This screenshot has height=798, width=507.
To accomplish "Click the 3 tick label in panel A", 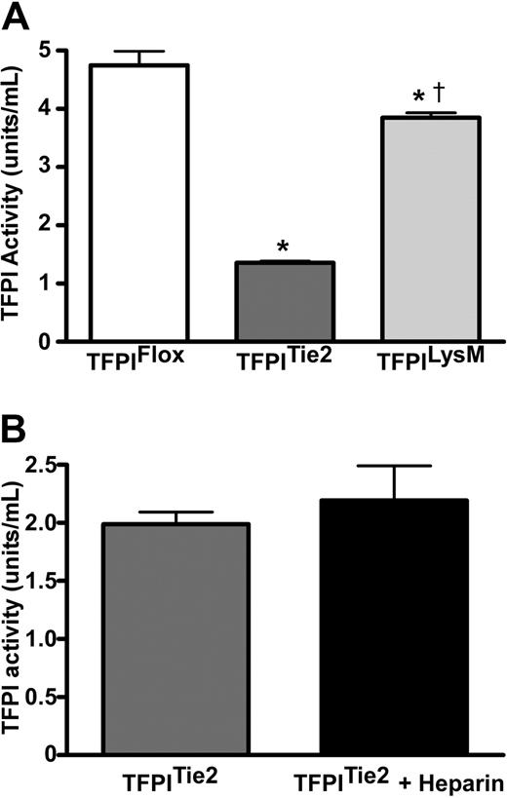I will click(x=43, y=167).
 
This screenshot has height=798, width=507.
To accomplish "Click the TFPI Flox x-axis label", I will click(x=140, y=364).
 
